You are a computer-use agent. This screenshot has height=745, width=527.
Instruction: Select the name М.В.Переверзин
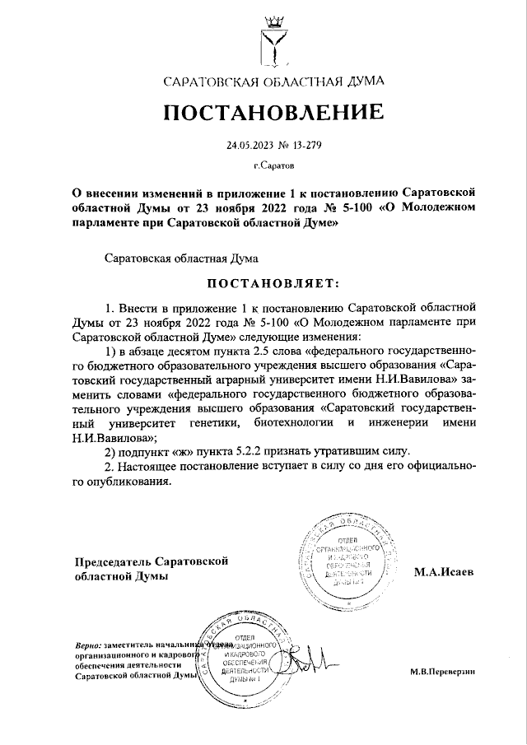tap(443, 672)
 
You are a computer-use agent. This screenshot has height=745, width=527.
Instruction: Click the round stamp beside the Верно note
tap(244, 655)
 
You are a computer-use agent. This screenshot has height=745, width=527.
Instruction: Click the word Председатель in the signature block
tap(111, 561)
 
